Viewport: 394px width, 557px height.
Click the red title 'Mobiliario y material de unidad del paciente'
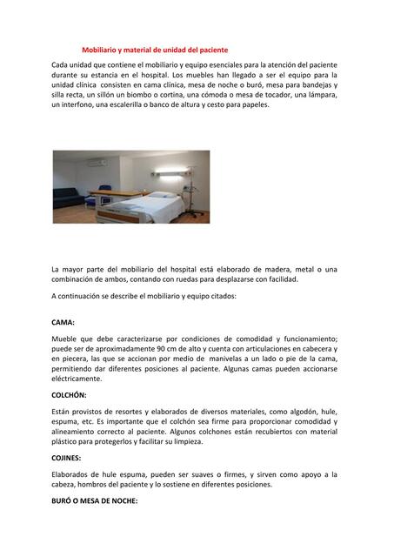[155, 50]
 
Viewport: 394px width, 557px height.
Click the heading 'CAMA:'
[63, 322]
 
